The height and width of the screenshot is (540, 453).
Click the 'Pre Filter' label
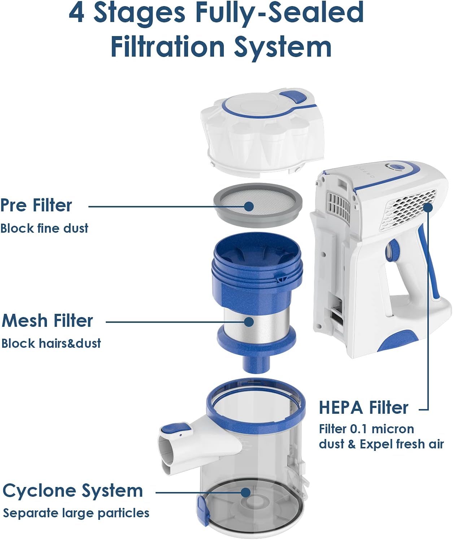click(36, 206)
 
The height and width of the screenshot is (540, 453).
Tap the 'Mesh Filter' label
click(47, 321)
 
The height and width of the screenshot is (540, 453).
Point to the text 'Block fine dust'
click(44, 229)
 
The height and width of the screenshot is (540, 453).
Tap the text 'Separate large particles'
click(76, 513)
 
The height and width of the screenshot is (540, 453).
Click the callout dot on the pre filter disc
click(249, 206)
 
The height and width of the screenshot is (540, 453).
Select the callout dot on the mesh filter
click(249, 322)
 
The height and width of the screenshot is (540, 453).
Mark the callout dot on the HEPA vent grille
click(428, 208)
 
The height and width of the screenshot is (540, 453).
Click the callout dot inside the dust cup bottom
click(245, 492)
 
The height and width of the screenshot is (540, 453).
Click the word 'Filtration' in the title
click(167, 47)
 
